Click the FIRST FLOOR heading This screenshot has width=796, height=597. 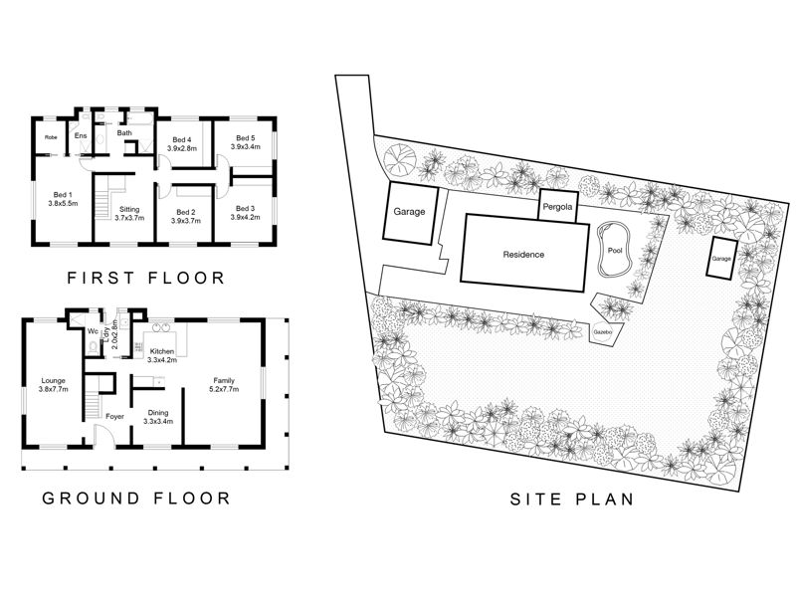click(145, 279)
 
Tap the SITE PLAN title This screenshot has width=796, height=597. click(572, 499)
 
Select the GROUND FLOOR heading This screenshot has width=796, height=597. click(136, 498)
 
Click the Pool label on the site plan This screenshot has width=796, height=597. click(615, 251)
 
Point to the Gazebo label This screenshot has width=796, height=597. click(603, 332)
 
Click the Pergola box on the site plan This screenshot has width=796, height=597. click(557, 206)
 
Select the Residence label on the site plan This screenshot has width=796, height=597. click(523, 255)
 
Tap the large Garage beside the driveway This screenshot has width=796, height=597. click(410, 212)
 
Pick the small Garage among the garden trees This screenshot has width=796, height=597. click(720, 258)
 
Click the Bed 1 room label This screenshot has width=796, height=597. click(63, 194)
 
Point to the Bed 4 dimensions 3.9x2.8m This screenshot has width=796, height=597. click(182, 148)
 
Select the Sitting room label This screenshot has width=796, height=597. click(129, 209)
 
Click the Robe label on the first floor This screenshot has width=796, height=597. click(51, 137)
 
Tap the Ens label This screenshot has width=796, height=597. click(81, 135)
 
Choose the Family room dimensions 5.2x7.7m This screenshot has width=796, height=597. click(224, 389)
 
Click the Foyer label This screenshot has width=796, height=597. click(114, 416)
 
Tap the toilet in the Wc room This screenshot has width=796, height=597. click(93, 347)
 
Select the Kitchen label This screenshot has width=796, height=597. click(162, 351)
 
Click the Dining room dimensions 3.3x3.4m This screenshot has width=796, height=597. click(158, 421)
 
